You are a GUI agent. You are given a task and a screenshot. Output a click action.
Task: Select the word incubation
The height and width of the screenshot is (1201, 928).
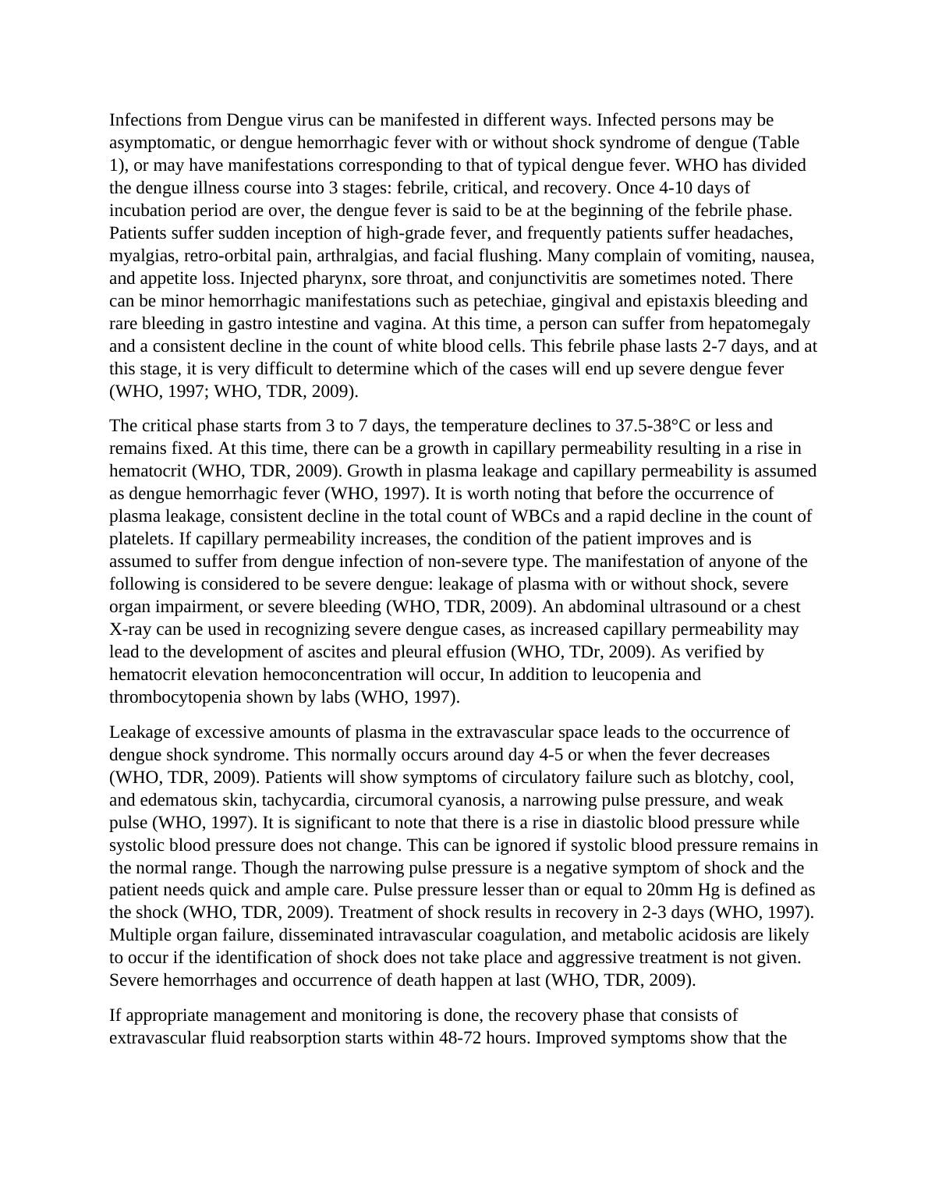[145, 211]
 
